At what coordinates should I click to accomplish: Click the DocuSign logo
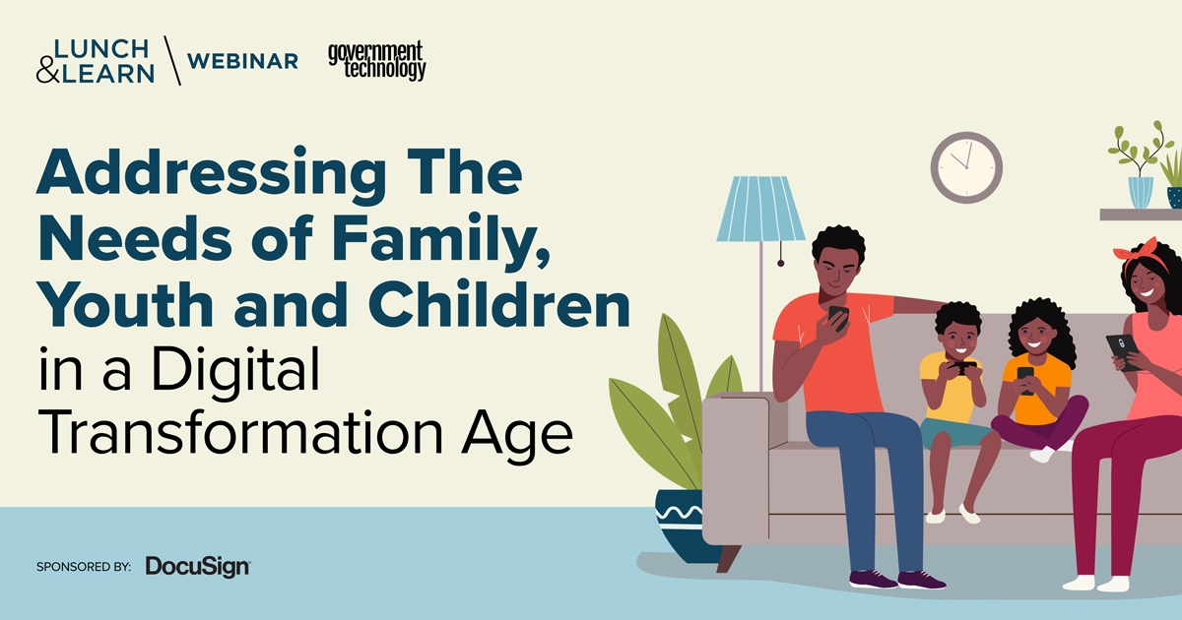click(x=197, y=566)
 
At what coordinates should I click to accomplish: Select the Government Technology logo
click(x=377, y=60)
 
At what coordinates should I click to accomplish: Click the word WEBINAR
click(x=242, y=61)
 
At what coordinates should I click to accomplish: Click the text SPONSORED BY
click(x=83, y=567)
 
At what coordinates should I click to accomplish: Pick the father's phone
click(x=838, y=317)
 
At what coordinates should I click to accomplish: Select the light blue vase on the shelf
click(x=1140, y=192)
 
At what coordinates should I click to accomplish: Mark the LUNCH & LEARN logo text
click(x=95, y=61)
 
